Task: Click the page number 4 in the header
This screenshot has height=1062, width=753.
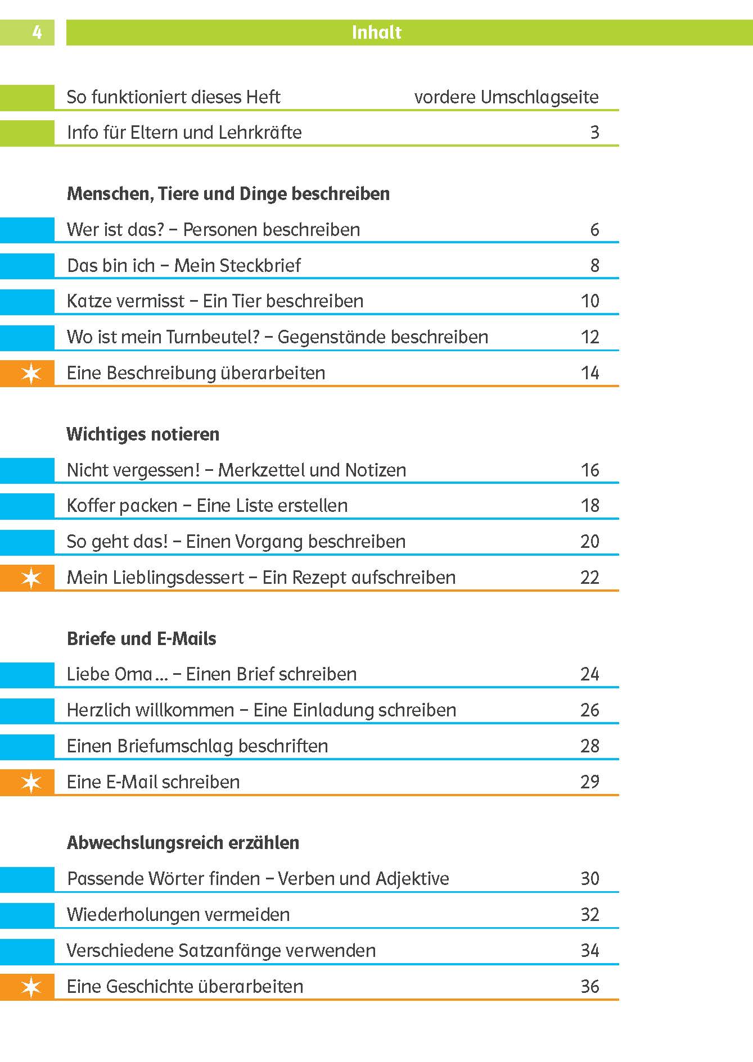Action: click(37, 33)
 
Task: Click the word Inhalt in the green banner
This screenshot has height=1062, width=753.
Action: click(376, 33)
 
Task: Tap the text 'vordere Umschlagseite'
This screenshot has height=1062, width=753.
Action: click(506, 97)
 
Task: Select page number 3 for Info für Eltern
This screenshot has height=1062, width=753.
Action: click(594, 133)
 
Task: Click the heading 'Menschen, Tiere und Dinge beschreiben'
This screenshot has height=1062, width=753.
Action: click(228, 194)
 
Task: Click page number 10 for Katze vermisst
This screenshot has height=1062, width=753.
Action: click(590, 301)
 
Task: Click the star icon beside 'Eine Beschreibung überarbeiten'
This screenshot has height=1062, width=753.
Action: click(31, 373)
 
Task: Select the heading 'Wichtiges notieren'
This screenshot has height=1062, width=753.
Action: click(143, 434)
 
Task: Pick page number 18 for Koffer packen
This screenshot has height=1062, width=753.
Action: click(590, 506)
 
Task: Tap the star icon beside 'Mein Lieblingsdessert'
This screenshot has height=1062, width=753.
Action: click(31, 578)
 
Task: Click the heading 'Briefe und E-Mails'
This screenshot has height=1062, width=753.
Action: click(141, 639)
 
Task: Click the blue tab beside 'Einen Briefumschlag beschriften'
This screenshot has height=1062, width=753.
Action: click(27, 746)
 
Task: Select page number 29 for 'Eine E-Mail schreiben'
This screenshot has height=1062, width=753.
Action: click(590, 782)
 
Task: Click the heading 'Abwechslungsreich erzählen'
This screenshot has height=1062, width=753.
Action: click(183, 843)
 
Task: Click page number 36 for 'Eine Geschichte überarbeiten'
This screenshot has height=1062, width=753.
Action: click(590, 987)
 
